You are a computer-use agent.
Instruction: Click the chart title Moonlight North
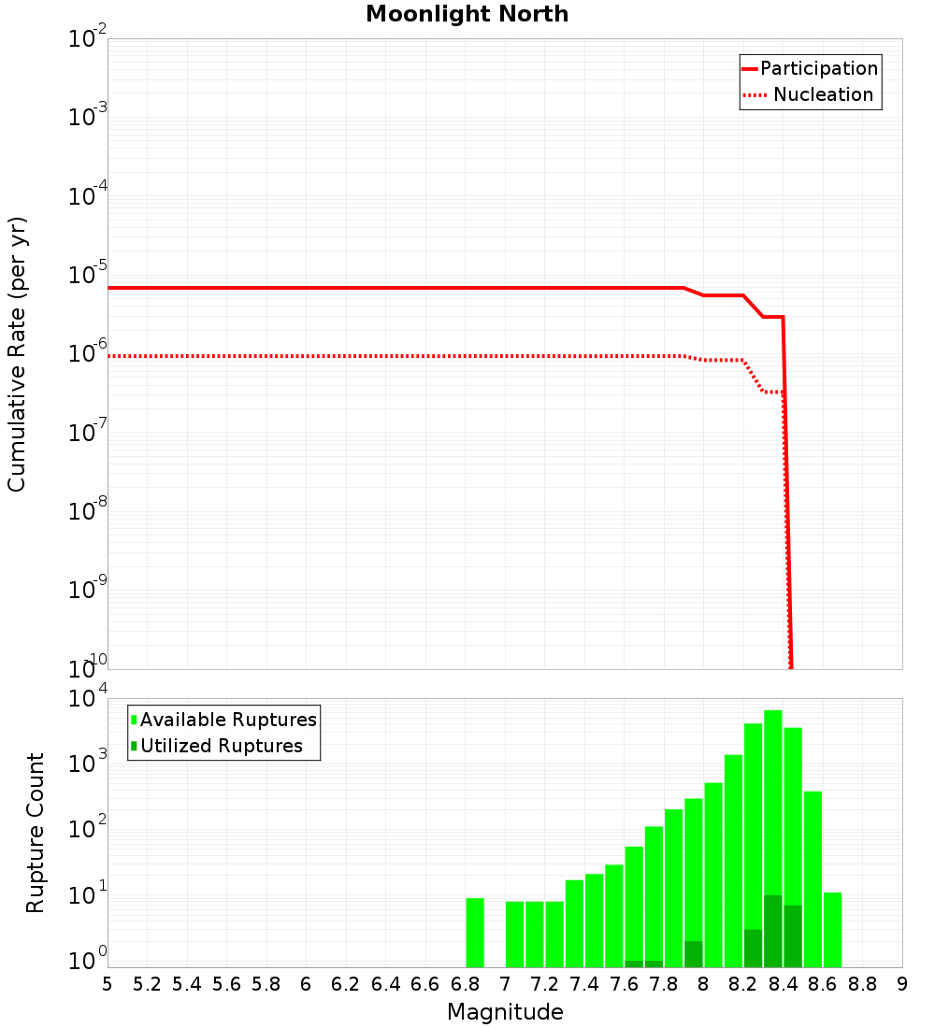click(x=467, y=14)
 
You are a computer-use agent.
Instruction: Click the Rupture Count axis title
click(x=36, y=833)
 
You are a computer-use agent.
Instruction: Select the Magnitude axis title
click(x=505, y=1012)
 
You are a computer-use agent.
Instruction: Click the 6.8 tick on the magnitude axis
click(x=464, y=984)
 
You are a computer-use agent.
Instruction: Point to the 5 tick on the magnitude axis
click(x=108, y=984)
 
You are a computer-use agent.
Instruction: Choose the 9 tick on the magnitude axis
click(x=901, y=984)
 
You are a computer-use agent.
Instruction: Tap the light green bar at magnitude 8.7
click(x=832, y=929)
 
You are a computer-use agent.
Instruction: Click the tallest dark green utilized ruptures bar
click(x=773, y=931)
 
